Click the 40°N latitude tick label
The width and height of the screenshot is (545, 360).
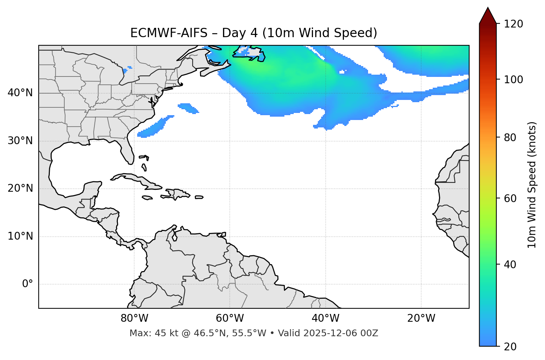point(20,93)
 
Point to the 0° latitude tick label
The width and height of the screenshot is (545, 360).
point(28,284)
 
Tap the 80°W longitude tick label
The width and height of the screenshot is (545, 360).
point(134,318)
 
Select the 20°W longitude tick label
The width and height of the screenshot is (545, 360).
point(421,318)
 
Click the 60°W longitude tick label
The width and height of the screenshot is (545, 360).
point(230,318)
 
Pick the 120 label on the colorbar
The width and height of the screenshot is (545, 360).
point(513,24)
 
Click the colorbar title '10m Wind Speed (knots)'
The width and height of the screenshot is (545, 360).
point(532,185)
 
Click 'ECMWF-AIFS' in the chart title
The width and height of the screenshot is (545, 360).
point(169,33)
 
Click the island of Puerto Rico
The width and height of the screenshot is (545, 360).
point(199,197)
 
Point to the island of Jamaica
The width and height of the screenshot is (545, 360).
point(147,198)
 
